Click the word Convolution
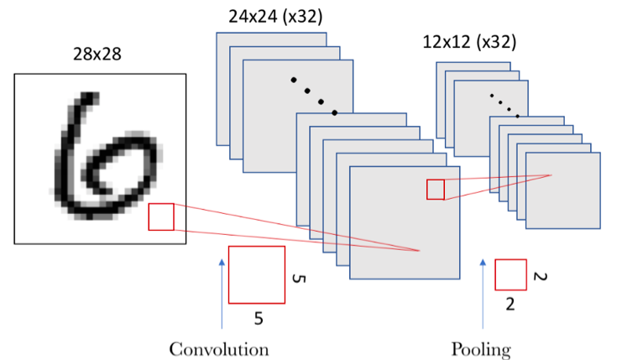pyautogui.click(x=219, y=348)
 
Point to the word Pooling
pyautogui.click(x=482, y=348)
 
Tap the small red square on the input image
pyautogui.click(x=161, y=217)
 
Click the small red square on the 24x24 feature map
pyautogui.click(x=435, y=190)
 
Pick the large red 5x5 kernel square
pyautogui.click(x=256, y=274)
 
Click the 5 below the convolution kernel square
pyautogui.click(x=259, y=318)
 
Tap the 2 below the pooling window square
pyautogui.click(x=510, y=305)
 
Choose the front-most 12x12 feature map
pyautogui.click(x=562, y=190)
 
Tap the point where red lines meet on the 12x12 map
pyautogui.click(x=551, y=175)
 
